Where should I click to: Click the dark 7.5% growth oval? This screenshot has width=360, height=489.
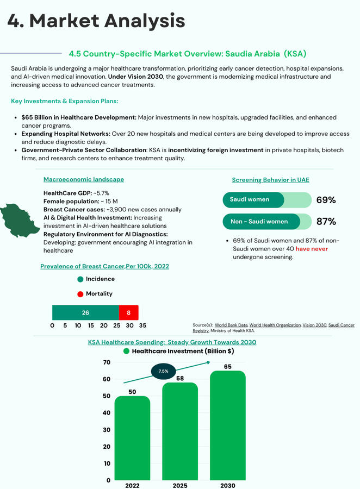[x=163, y=371]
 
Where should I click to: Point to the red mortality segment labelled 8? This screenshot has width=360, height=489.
[x=129, y=312]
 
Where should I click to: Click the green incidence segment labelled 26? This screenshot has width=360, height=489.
[x=85, y=312]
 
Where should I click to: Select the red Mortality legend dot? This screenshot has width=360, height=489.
[x=80, y=294]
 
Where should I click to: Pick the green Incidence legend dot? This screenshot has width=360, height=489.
[x=80, y=279]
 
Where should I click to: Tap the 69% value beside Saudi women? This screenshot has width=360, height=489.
[x=326, y=200]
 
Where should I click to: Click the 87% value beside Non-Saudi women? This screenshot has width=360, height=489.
[x=326, y=221]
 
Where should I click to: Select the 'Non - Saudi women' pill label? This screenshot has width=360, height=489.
[x=259, y=221]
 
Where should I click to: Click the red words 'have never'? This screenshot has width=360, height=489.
[x=312, y=249]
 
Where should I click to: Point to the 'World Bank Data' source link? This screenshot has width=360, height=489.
[x=231, y=325]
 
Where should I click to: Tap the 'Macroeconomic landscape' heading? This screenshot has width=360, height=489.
[x=83, y=179]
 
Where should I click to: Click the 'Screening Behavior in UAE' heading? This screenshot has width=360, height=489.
[x=270, y=180]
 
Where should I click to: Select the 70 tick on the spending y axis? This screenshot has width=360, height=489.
[x=106, y=362]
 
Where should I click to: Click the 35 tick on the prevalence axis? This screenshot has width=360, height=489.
[x=142, y=326]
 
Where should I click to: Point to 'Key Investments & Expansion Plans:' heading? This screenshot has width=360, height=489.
[x=64, y=102]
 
